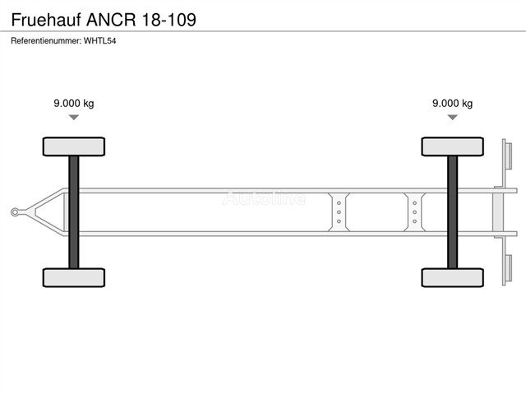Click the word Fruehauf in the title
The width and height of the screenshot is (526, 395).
[46, 20]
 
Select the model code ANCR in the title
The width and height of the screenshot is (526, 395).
[112, 20]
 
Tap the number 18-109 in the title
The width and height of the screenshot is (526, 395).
[169, 20]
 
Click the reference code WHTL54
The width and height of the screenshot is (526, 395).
[100, 41]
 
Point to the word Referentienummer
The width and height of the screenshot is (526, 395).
[46, 41]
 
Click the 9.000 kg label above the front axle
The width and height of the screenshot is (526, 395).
[74, 104]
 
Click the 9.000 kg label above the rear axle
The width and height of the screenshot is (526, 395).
[453, 104]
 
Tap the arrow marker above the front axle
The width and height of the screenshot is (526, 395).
[74, 117]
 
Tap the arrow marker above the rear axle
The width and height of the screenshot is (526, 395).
[453, 117]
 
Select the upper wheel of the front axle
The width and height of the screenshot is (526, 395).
[74, 146]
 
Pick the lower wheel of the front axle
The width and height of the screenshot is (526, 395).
[74, 278]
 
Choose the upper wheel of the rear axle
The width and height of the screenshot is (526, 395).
[453, 146]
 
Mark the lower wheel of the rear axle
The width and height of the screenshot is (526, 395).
[453, 278]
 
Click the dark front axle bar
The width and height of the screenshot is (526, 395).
[74, 212]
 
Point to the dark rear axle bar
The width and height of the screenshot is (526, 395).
[453, 212]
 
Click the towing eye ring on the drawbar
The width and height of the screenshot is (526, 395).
[15, 212]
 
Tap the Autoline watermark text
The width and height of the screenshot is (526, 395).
[264, 197]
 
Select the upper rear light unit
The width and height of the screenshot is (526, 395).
[508, 156]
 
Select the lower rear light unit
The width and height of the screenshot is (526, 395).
[508, 268]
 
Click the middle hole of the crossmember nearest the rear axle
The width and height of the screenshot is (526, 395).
[414, 212]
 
